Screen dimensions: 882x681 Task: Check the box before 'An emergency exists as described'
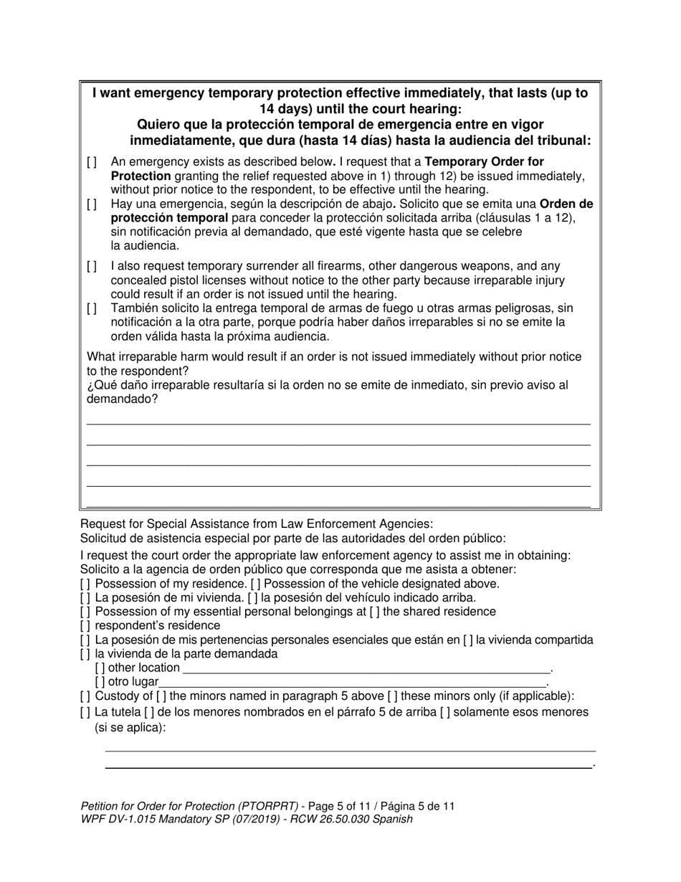92,163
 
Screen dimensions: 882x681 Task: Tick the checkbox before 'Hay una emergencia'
92,204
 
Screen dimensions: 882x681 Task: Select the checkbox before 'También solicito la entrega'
92,308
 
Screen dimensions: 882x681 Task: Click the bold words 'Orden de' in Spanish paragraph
566,204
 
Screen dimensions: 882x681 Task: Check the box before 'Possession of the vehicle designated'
255,584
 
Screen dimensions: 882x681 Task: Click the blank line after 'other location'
366,670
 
